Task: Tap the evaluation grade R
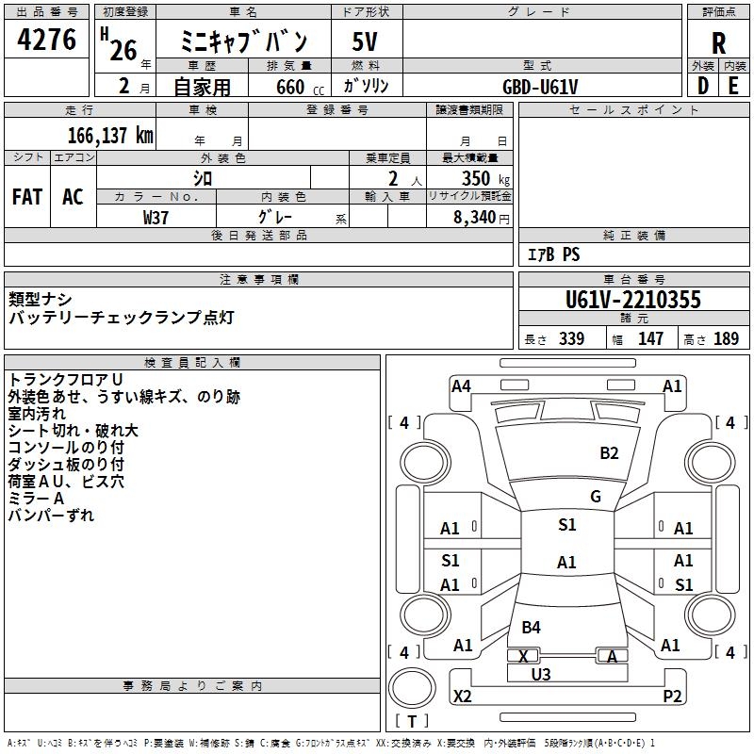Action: tap(718, 42)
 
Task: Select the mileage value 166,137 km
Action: tap(110, 136)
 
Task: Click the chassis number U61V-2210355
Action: tap(632, 300)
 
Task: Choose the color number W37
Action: tap(156, 217)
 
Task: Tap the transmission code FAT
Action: tap(27, 196)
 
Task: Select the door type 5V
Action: tap(365, 42)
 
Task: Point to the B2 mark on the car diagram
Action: tap(610, 453)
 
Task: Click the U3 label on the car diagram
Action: tap(541, 674)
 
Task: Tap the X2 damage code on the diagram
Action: tap(462, 697)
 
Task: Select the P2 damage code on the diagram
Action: tap(672, 697)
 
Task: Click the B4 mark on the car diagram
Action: tap(531, 628)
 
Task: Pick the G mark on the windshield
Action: tap(596, 497)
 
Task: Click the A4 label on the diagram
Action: tap(461, 385)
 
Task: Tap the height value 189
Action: tap(726, 339)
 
